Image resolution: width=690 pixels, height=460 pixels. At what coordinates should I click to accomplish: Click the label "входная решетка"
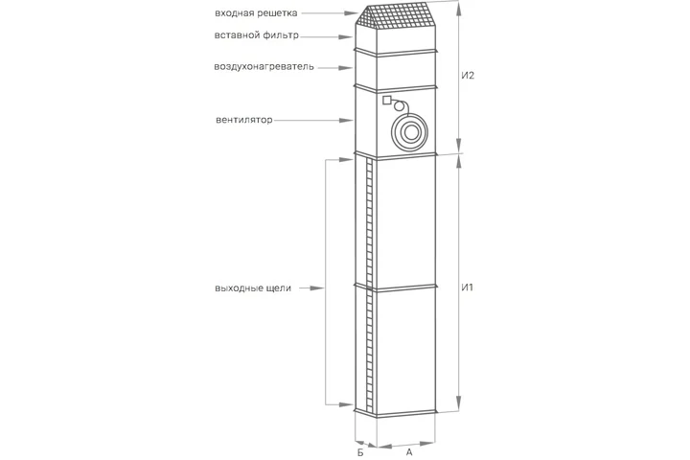256,13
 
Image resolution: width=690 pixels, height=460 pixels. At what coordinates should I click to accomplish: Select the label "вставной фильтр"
257,35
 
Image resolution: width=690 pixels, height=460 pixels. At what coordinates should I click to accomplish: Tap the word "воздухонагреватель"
264,67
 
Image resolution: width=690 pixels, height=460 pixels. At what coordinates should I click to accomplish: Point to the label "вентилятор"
244,120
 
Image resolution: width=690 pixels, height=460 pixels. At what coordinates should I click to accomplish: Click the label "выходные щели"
253,288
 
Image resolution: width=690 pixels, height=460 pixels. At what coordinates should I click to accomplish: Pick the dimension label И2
468,76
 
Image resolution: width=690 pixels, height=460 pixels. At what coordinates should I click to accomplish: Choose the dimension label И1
468,287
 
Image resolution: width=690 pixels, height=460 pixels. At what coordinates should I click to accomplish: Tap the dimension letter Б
360,452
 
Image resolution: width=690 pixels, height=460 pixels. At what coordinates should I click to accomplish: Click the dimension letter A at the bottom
409,452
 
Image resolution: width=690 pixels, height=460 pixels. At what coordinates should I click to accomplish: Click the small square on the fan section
386,101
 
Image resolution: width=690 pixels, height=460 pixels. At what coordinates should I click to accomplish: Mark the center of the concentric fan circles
410,132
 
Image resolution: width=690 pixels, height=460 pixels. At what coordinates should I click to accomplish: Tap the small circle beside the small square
399,106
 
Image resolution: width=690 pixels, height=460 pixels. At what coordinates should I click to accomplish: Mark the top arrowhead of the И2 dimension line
459,9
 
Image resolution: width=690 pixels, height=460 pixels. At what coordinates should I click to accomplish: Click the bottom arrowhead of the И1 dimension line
459,403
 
